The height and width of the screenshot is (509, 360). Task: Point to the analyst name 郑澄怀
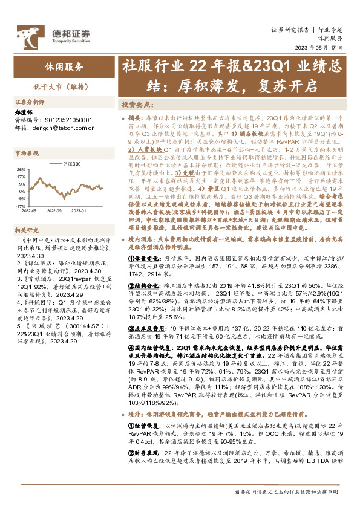click(23, 113)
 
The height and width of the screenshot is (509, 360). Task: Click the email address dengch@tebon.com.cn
click(57, 128)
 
